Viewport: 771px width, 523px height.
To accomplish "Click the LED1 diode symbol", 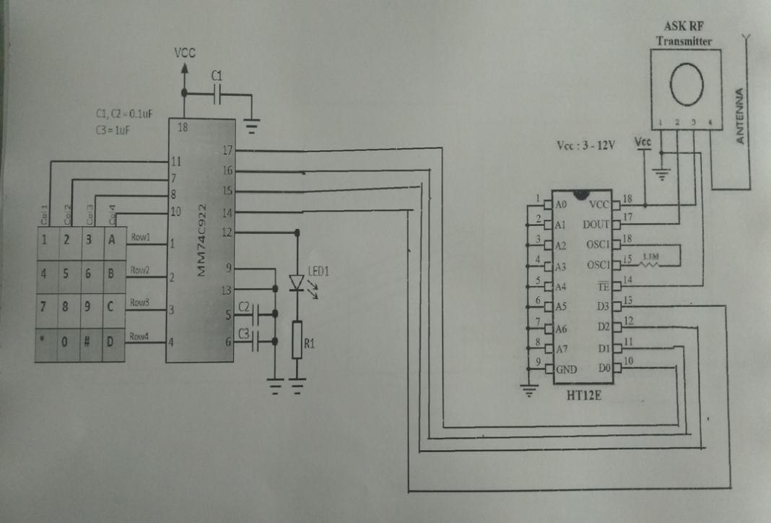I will point(297,282).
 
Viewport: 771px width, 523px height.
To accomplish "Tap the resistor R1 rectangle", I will point(297,340).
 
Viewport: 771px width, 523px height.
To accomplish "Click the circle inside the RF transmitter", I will point(686,85).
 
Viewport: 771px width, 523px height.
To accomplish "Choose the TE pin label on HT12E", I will point(603,287).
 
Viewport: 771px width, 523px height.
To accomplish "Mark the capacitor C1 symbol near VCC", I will point(217,93).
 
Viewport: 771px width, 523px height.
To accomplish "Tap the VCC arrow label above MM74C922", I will point(185,53).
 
